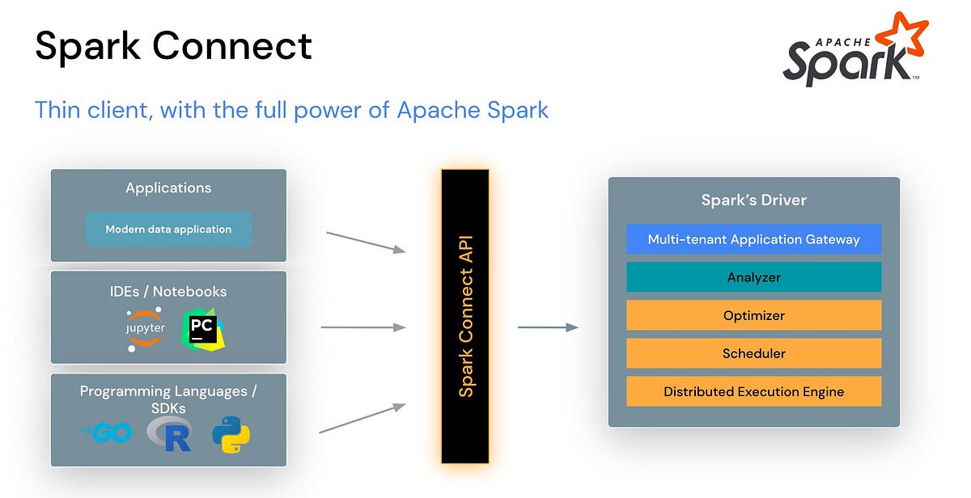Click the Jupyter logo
click(x=146, y=329)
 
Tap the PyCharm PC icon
click(x=203, y=328)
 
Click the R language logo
click(x=170, y=433)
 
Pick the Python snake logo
click(x=231, y=434)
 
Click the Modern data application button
click(x=168, y=230)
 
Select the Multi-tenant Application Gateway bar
click(x=753, y=239)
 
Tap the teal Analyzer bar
click(x=753, y=277)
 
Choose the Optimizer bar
click(x=753, y=315)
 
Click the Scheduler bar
click(x=753, y=353)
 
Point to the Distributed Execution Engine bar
click(x=753, y=391)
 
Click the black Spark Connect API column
click(x=465, y=316)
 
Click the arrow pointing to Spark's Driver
click(x=547, y=327)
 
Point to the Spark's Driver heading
click(x=753, y=200)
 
